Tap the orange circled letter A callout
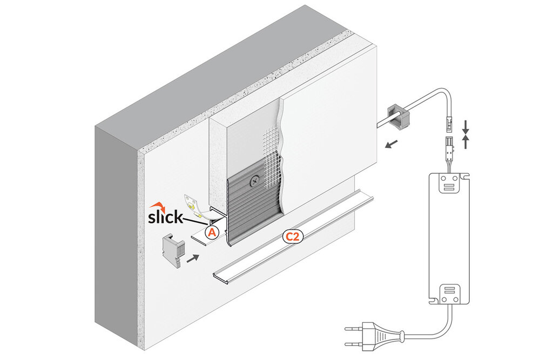[x=212, y=232]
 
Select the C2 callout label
[x=292, y=236]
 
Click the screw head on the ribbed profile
[x=254, y=182]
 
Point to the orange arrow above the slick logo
[x=158, y=206]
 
